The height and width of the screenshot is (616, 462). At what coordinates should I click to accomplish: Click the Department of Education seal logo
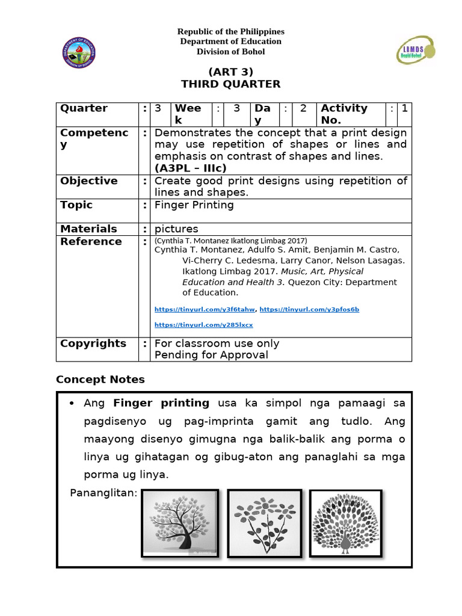pyautogui.click(x=79, y=53)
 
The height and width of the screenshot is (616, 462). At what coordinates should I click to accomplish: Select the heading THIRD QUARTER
pyautogui.click(x=222, y=84)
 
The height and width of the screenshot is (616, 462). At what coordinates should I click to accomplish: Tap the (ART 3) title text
pyautogui.click(x=222, y=72)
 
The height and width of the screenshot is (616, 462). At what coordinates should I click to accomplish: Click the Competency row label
pyautogui.click(x=94, y=138)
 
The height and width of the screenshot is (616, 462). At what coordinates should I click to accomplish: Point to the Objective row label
pyautogui.click(x=89, y=181)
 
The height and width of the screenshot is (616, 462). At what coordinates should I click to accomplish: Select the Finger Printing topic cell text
pyautogui.click(x=194, y=205)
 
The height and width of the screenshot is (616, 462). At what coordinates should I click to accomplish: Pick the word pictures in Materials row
pyautogui.click(x=176, y=229)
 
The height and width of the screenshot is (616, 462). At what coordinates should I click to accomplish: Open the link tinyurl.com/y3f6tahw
pyautogui.click(x=205, y=309)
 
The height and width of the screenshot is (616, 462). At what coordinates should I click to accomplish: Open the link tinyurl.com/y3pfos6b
pyautogui.click(x=309, y=309)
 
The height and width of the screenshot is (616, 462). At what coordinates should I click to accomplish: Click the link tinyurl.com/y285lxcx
pyautogui.click(x=204, y=325)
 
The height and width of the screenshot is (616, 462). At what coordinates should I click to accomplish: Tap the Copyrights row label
pyautogui.click(x=93, y=343)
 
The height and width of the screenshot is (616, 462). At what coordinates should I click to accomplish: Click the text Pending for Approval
pyautogui.click(x=211, y=355)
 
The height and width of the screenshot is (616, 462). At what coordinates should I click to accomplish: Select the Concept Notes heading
pyautogui.click(x=100, y=380)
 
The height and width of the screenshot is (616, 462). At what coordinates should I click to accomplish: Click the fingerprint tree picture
pyautogui.click(x=180, y=523)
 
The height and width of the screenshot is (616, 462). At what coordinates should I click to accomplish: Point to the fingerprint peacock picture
pyautogui.click(x=345, y=522)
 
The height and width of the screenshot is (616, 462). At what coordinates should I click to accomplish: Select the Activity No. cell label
pyautogui.click(x=344, y=114)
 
